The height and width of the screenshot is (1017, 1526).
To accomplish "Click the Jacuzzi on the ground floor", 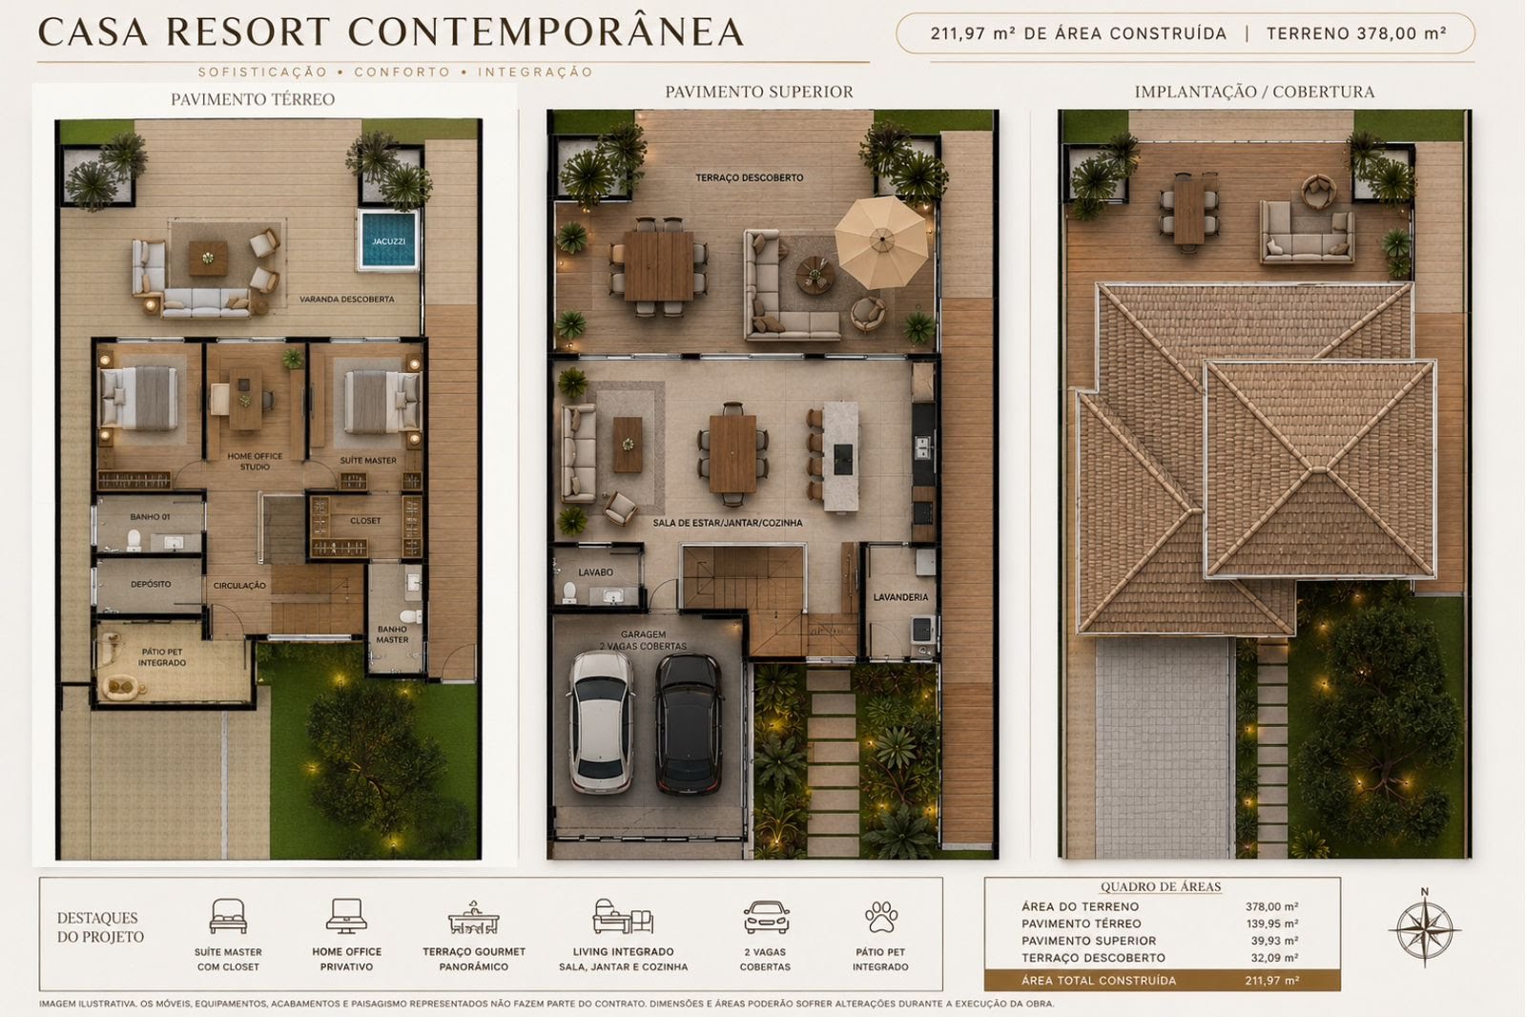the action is (x=388, y=239).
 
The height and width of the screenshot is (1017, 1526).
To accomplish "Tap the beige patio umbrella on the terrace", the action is (x=882, y=241).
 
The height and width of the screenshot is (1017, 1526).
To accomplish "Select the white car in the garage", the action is (x=601, y=722).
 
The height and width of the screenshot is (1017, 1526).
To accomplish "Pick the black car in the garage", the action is (x=689, y=724).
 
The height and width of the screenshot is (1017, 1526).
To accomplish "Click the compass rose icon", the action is (x=1425, y=928).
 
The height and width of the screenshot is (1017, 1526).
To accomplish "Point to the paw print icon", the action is (x=881, y=917).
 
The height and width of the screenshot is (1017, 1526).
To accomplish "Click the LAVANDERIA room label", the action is (x=900, y=597).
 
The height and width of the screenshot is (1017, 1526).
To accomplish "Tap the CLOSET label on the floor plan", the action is (x=365, y=521).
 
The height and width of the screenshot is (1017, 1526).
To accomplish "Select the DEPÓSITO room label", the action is (x=151, y=584).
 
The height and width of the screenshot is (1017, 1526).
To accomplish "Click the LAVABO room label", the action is (x=595, y=572).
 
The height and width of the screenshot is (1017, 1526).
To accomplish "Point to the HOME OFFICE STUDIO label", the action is (x=255, y=462).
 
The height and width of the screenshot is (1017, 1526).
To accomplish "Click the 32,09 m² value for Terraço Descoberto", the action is (x=1274, y=958).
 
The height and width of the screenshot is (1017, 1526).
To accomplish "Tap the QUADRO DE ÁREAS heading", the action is (x=1161, y=887).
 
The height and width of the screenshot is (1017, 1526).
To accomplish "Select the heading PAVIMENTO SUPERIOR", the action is (x=759, y=92).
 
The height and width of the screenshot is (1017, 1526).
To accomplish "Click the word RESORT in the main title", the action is (x=248, y=32).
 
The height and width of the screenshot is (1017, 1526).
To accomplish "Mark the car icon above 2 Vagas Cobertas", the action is (x=767, y=917).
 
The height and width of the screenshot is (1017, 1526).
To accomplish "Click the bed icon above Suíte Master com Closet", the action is (x=228, y=916).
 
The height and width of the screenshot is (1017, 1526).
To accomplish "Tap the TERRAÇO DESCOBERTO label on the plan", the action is (x=750, y=177).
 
